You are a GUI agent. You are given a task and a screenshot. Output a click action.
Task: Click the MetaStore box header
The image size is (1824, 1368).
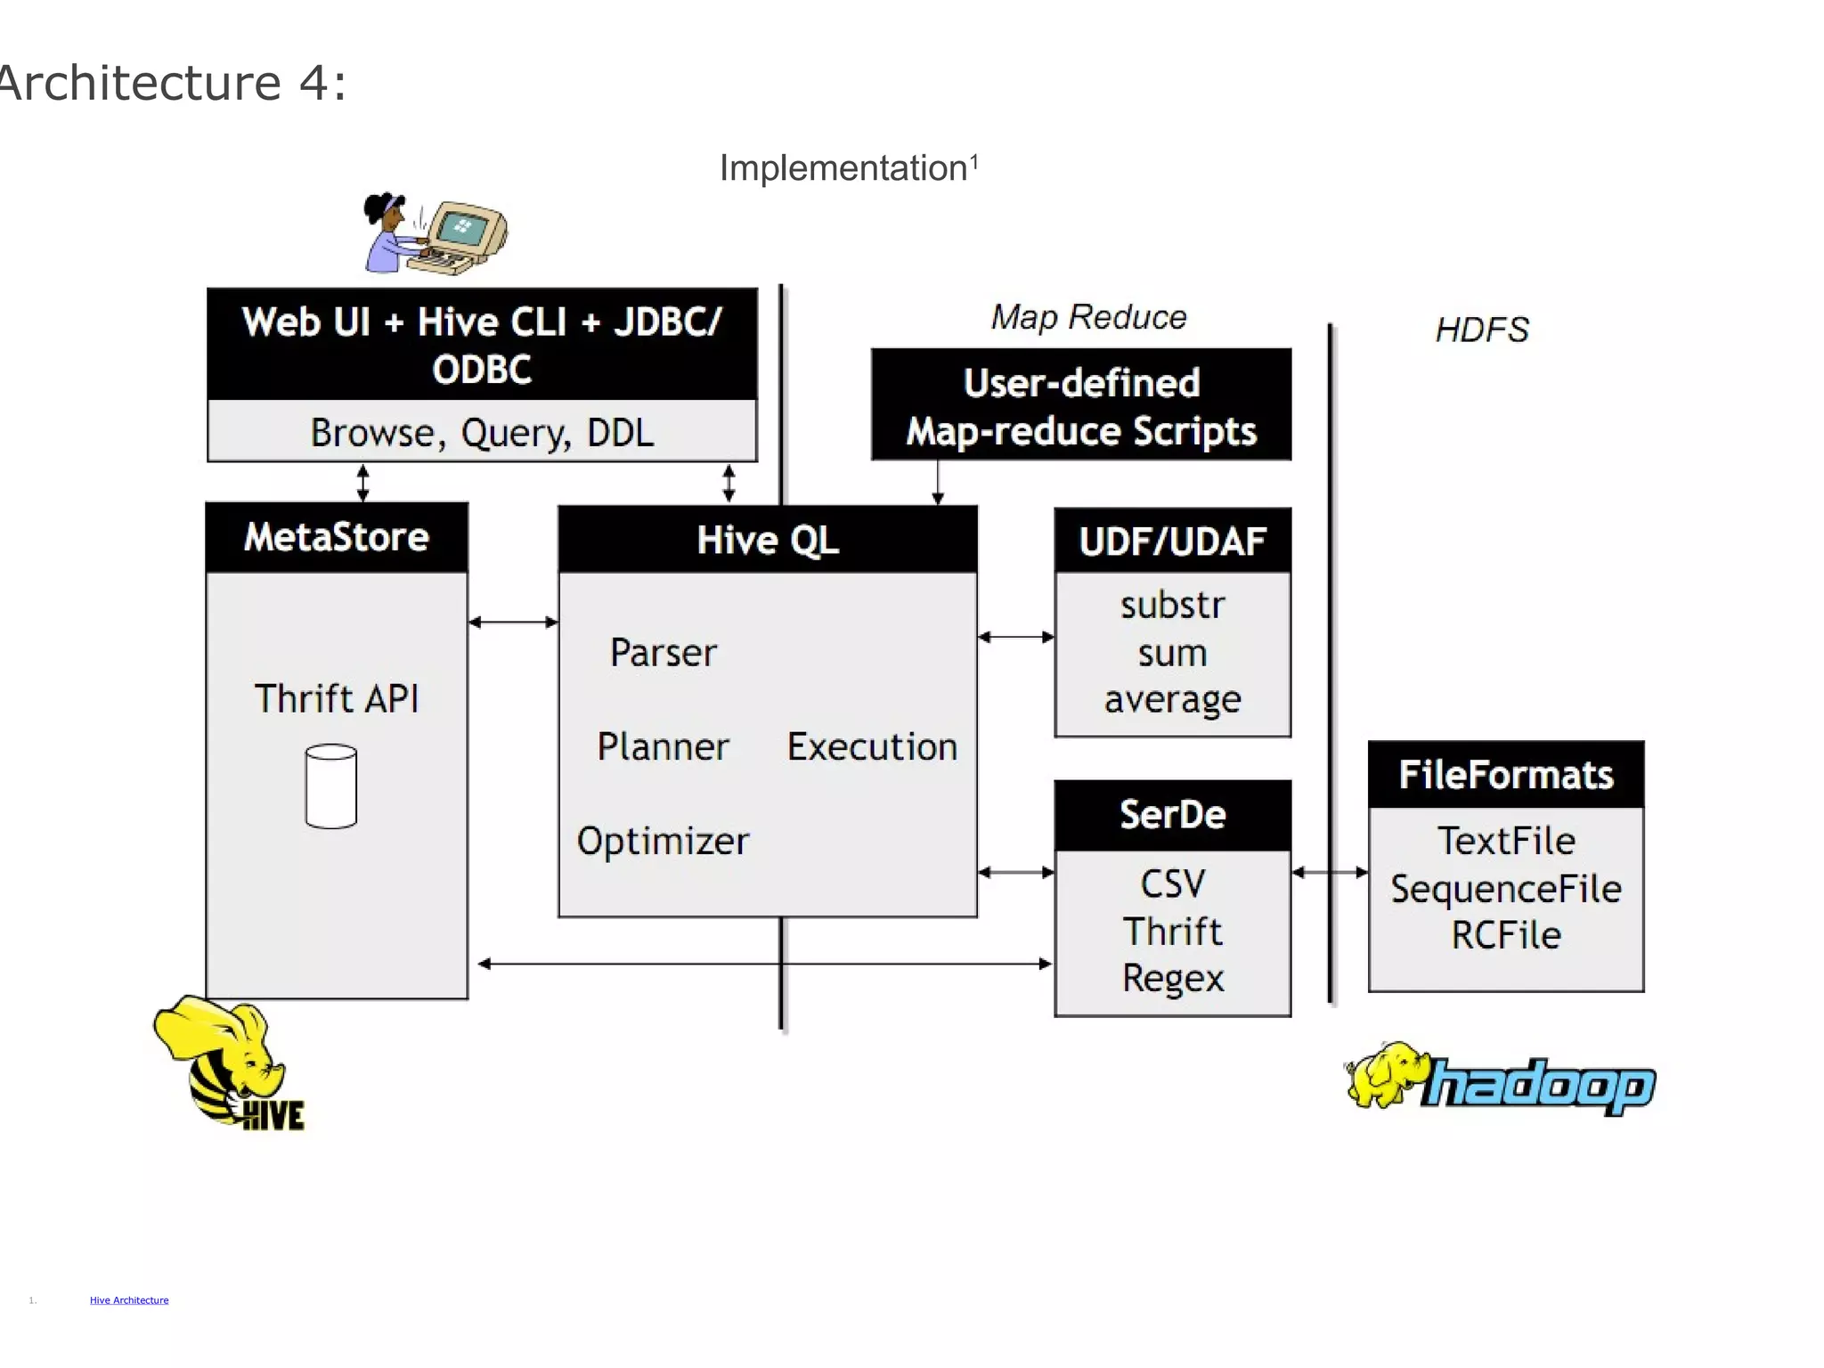[x=337, y=537]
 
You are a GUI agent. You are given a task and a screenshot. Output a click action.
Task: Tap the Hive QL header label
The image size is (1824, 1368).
[x=767, y=540]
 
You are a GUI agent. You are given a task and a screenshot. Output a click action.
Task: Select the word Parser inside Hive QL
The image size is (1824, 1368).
[x=663, y=653]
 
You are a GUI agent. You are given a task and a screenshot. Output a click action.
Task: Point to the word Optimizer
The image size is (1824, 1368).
[x=663, y=841]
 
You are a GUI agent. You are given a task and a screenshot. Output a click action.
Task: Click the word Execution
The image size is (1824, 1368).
[x=872, y=746]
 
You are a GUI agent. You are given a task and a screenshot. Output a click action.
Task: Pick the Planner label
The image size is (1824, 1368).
[x=663, y=746]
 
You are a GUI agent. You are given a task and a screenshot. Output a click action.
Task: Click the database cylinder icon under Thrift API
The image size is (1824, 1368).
[x=330, y=786]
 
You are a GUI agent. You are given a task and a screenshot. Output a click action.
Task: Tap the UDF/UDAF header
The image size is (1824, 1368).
[x=1172, y=541]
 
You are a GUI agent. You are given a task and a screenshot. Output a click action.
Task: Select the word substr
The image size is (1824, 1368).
[x=1172, y=606]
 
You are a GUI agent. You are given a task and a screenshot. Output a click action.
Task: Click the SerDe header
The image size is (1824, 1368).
[x=1172, y=815]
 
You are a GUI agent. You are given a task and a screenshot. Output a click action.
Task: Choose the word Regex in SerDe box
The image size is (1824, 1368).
[x=1172, y=978]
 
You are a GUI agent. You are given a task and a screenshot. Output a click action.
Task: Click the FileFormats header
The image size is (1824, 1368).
[x=1505, y=775]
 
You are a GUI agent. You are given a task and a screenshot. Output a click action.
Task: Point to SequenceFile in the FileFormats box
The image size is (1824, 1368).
[x=1505, y=889]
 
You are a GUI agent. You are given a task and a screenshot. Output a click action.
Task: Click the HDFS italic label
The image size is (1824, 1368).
[x=1481, y=330]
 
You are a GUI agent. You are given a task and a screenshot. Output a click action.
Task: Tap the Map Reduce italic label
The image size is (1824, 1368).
[x=1088, y=318]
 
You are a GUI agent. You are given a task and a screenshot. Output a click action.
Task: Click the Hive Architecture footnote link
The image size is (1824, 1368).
[x=129, y=1300]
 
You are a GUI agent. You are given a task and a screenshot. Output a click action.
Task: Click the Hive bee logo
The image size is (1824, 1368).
[x=230, y=1062]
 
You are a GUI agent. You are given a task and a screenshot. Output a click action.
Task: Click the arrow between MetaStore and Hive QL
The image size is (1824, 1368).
[x=513, y=622]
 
